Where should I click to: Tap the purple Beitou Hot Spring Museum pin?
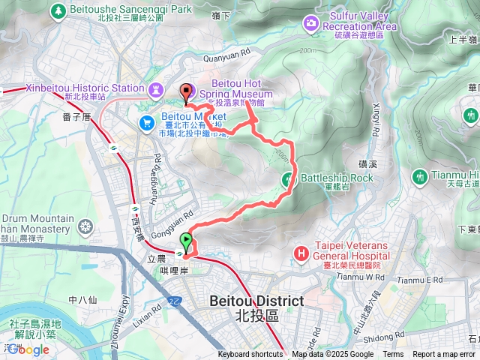point(186,91)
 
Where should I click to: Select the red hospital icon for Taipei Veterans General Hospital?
point(301,253)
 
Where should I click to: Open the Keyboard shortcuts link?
point(250,355)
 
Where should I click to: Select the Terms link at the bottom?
point(393,355)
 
